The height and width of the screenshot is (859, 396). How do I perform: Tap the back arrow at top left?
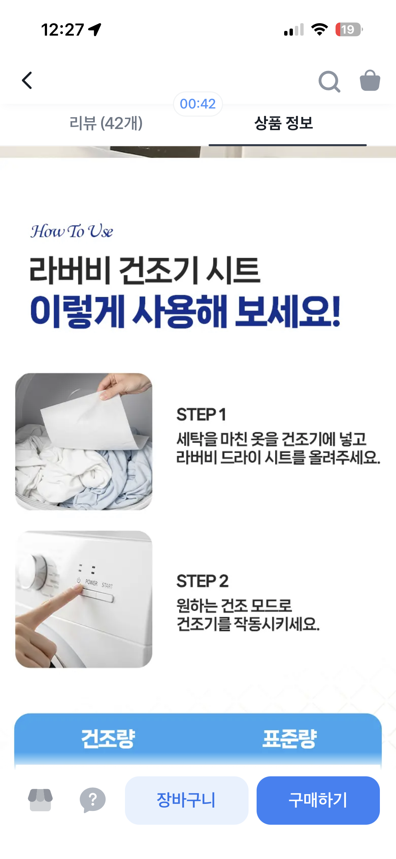tap(27, 80)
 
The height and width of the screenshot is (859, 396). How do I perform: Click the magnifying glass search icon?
tap(329, 81)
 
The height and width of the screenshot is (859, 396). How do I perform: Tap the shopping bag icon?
tap(370, 80)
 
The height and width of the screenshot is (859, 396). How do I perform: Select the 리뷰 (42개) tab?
tap(106, 123)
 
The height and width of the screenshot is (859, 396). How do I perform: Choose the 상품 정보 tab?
tap(283, 123)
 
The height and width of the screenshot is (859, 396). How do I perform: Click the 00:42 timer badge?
tap(197, 104)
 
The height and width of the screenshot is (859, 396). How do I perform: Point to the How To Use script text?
tap(72, 231)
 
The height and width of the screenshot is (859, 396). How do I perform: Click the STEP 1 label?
tap(201, 414)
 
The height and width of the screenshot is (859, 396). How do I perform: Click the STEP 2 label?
tap(203, 581)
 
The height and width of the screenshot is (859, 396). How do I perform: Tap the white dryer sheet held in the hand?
tap(91, 420)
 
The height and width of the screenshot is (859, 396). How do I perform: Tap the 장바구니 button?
tap(186, 800)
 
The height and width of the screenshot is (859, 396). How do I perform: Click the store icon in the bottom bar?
tap(40, 800)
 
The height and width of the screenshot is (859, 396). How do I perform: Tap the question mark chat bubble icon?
tap(92, 800)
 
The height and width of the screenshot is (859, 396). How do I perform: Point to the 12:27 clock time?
tap(62, 30)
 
